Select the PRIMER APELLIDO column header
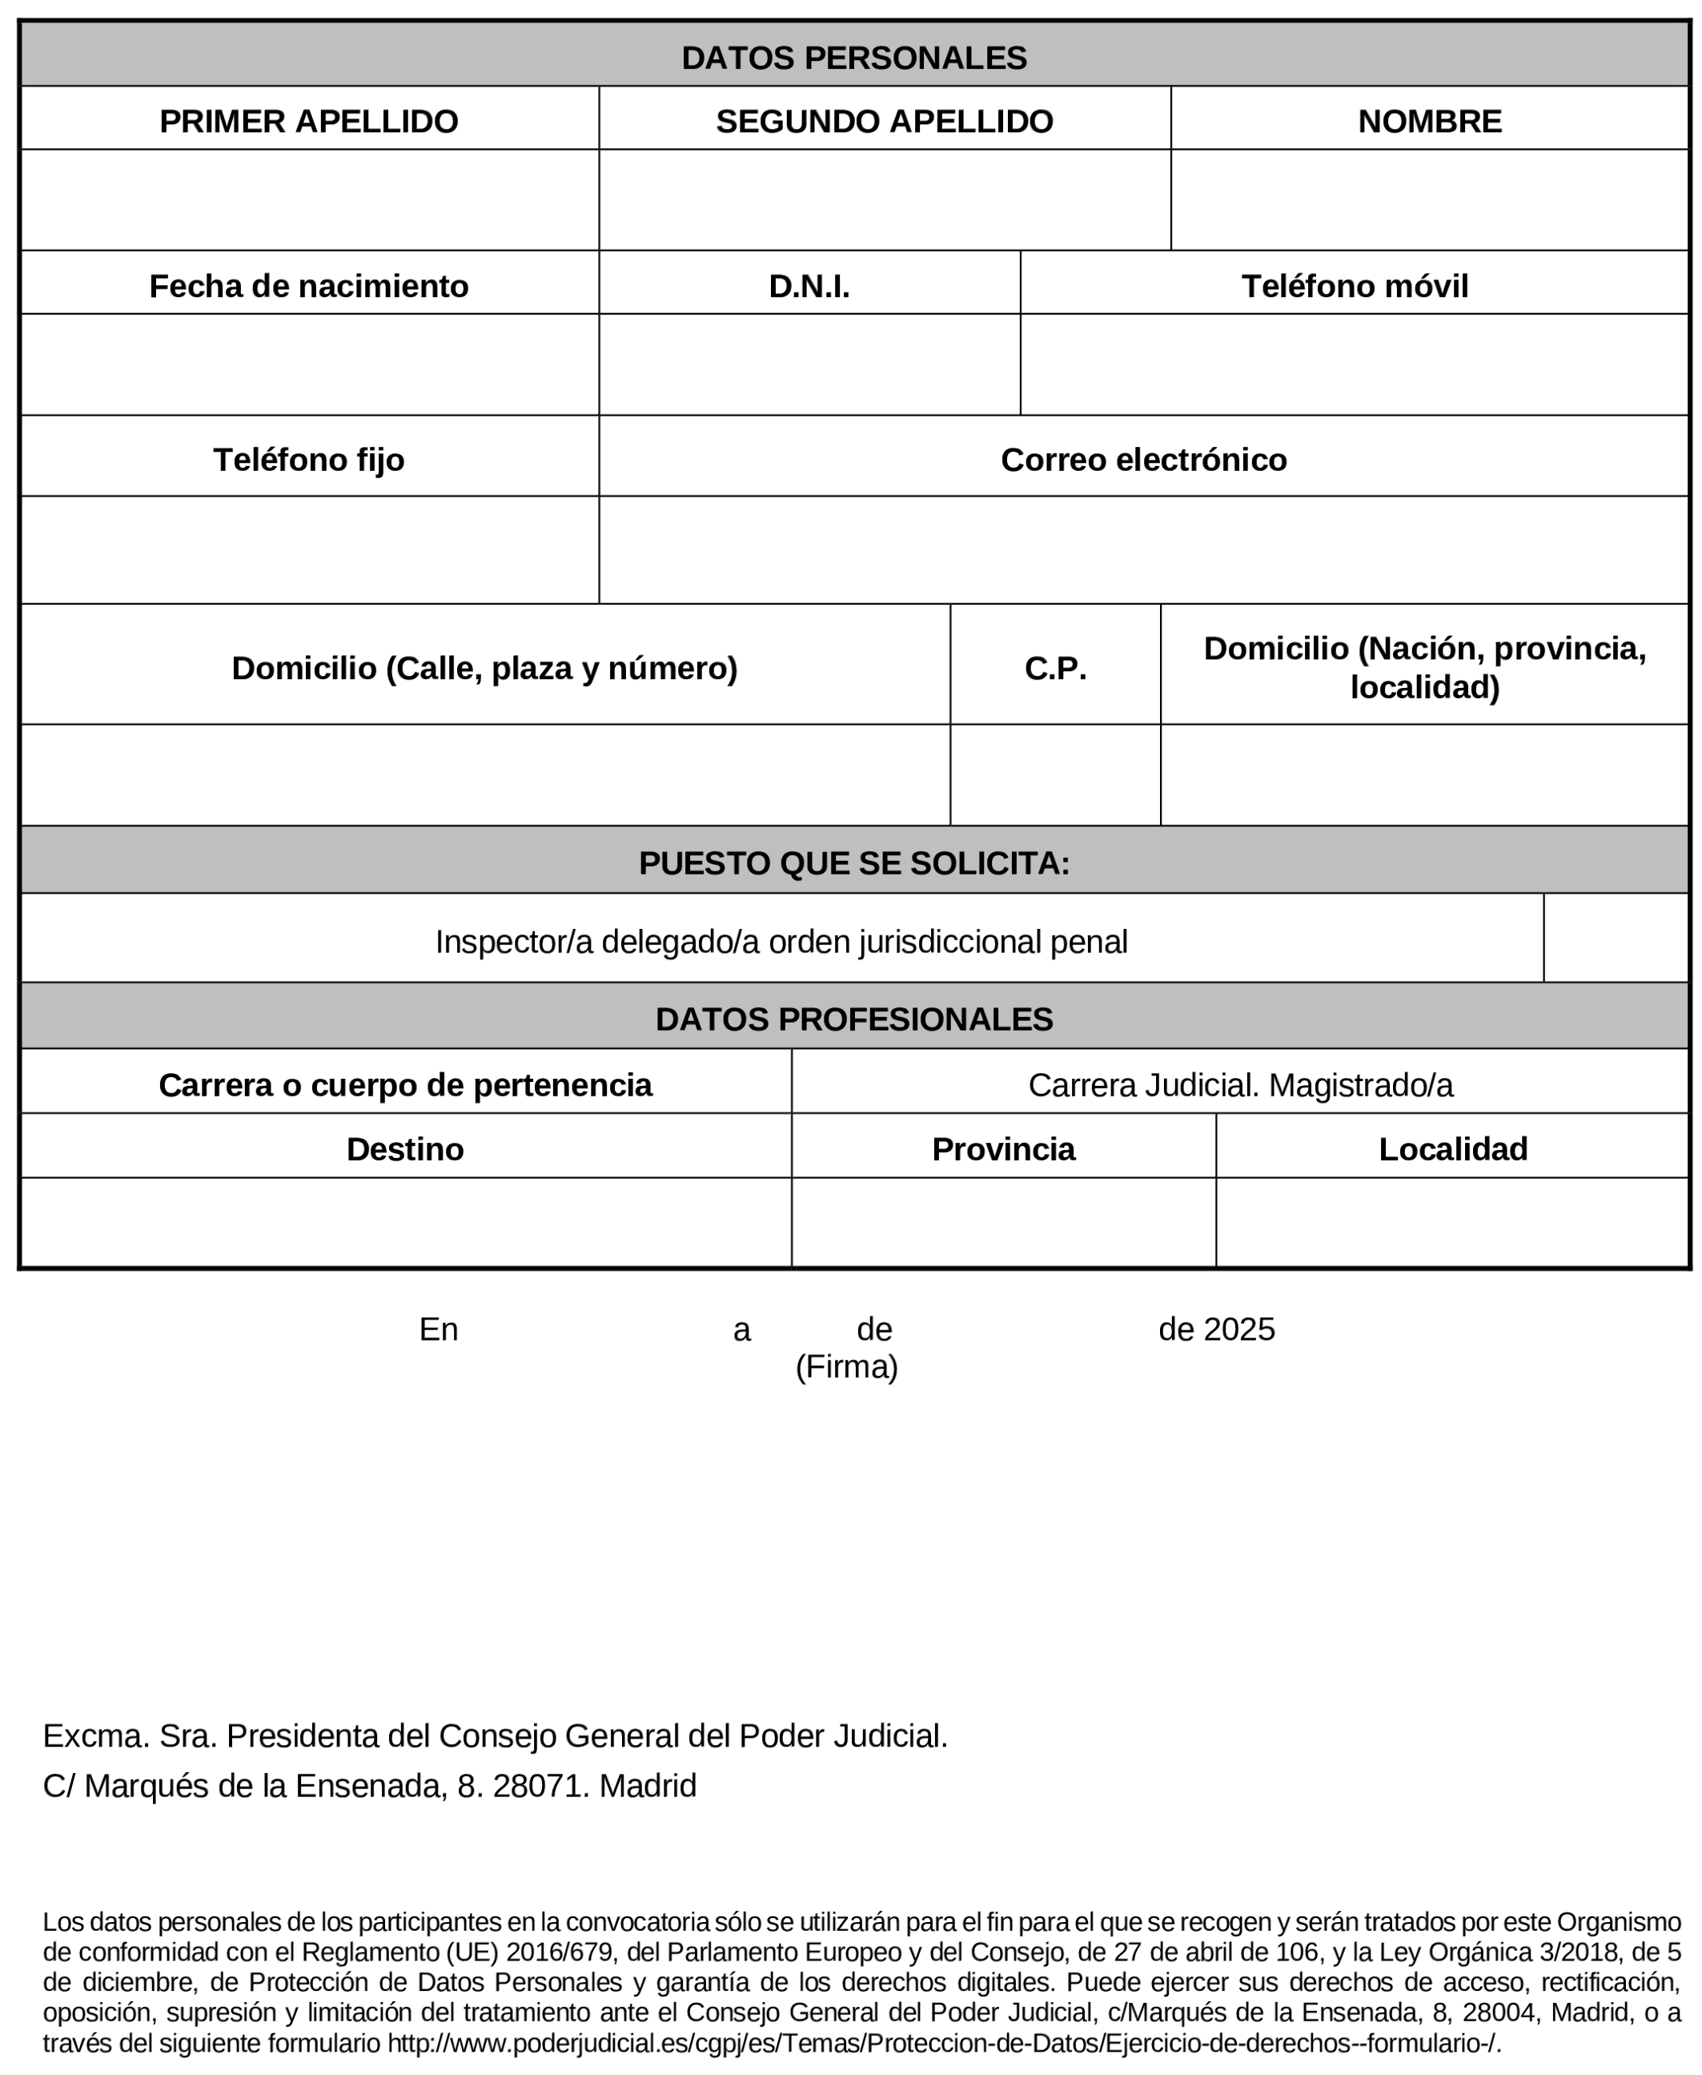[x=309, y=121]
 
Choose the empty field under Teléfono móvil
[x=1353, y=365]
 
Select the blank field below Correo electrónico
[x=1142, y=549]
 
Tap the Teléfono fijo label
[x=309, y=459]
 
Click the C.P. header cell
[x=1055, y=668]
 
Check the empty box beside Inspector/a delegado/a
[x=1615, y=938]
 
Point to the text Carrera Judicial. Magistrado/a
[x=1239, y=1084]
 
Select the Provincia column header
[x=1002, y=1148]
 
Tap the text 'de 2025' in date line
[x=1216, y=1329]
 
